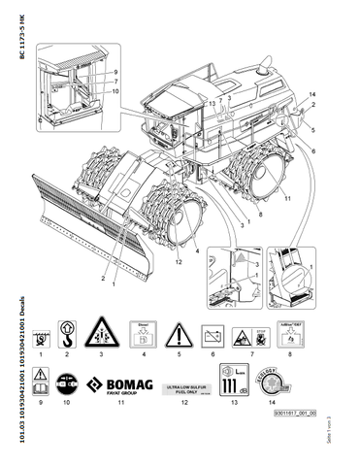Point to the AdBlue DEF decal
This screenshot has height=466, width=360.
point(290,336)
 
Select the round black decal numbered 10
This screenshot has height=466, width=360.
point(69,382)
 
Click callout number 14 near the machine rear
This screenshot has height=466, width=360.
point(312,93)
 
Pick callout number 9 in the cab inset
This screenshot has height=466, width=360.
point(115,73)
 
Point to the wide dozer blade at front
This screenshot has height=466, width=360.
point(87,233)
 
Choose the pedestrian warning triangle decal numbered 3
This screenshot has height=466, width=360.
point(103,336)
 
